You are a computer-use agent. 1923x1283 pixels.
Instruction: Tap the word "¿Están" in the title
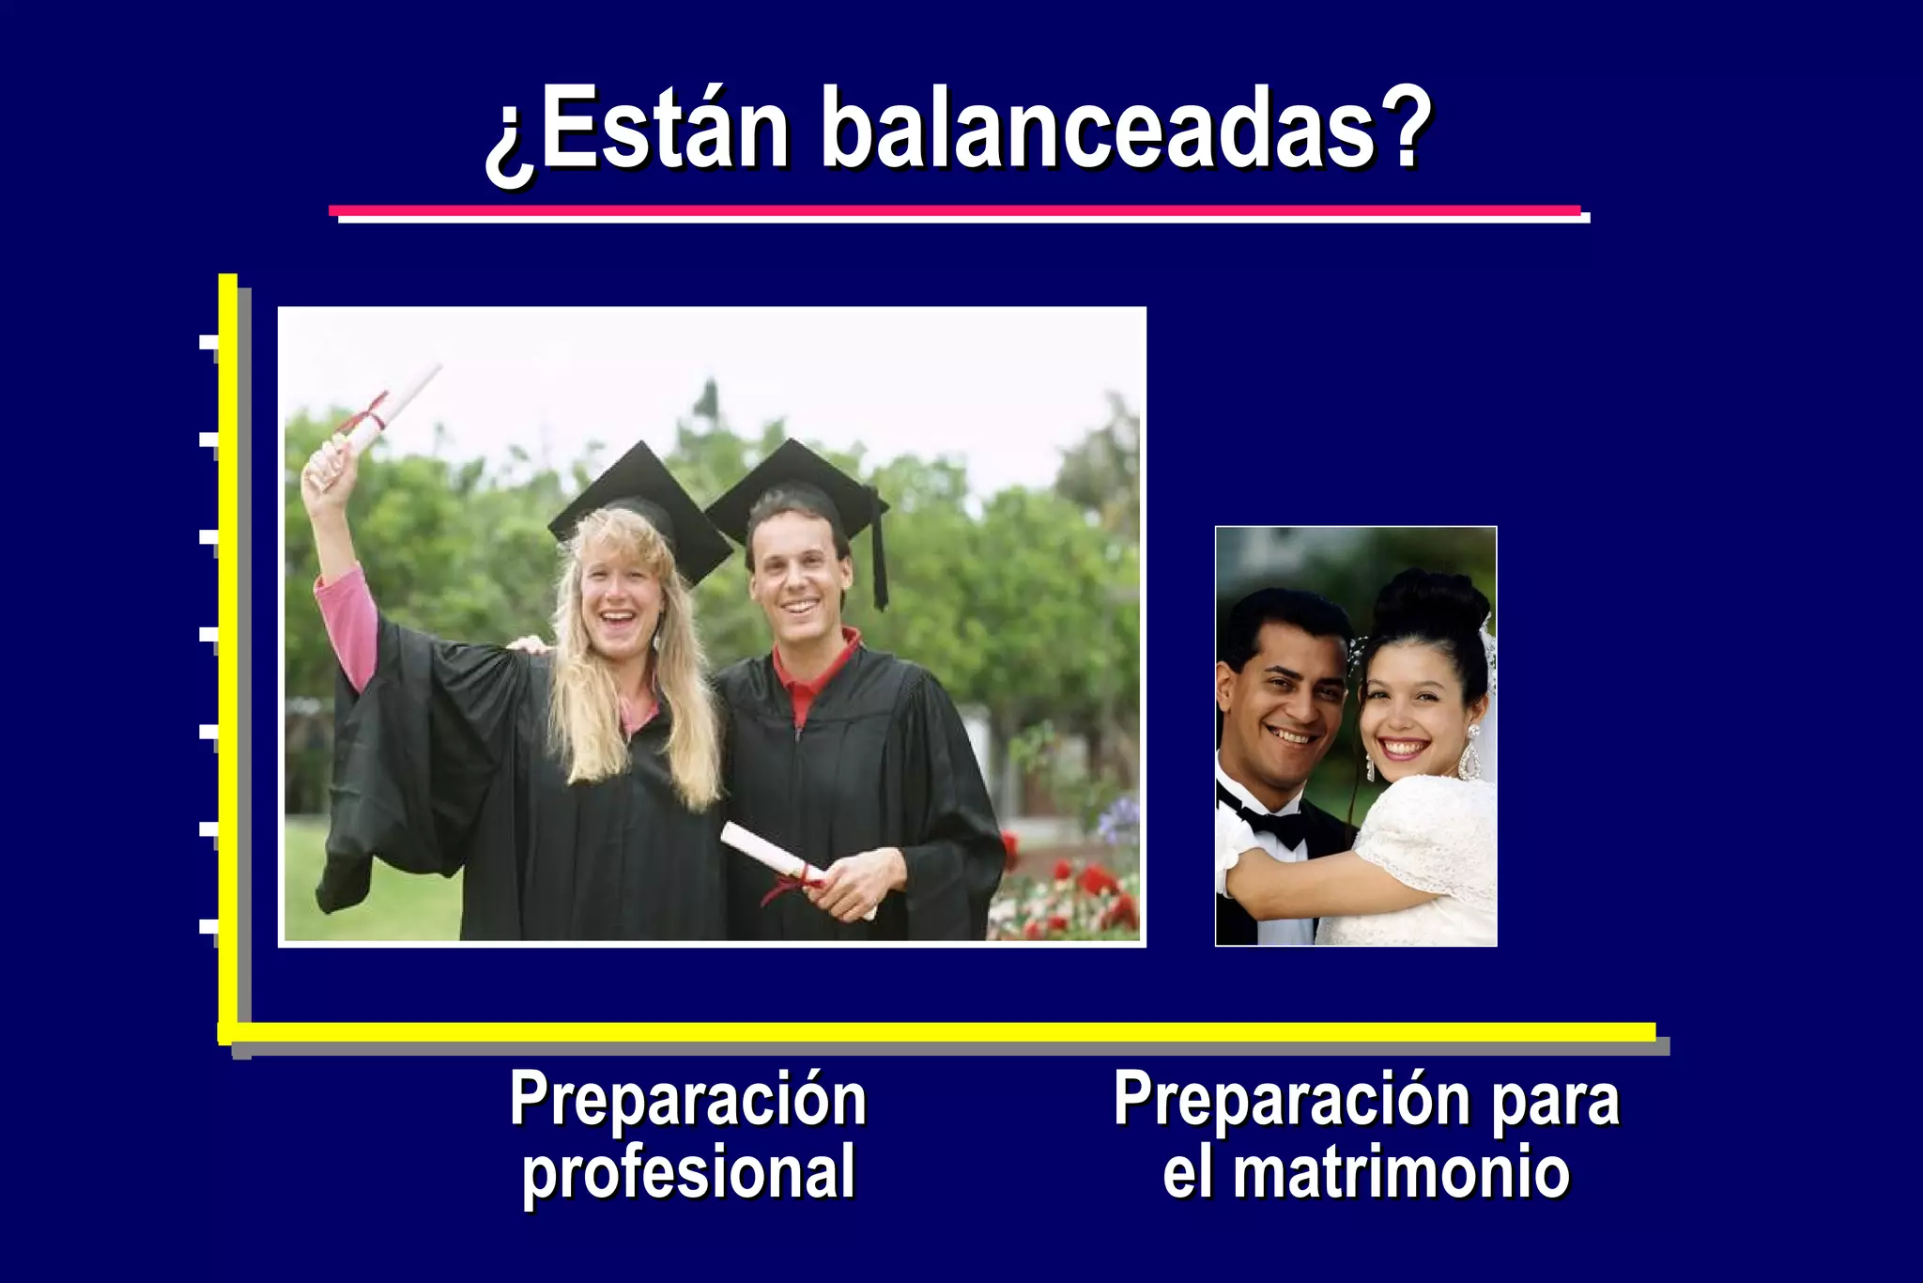coord(638,131)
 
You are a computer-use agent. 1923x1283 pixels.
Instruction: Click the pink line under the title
coord(954,210)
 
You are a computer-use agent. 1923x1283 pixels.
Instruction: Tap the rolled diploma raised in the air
coord(385,413)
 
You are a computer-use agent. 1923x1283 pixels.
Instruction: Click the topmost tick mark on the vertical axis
coord(208,341)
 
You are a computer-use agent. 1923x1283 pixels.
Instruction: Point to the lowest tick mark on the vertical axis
coord(208,927)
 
